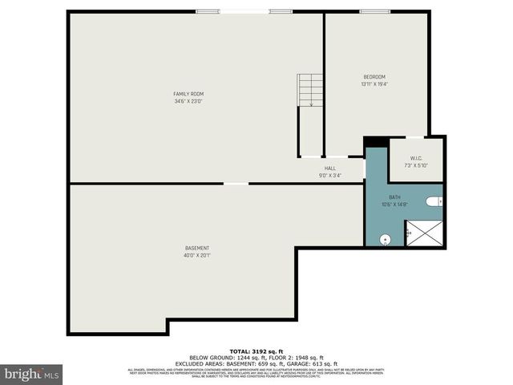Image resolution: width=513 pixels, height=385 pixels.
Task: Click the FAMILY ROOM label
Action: [188, 94]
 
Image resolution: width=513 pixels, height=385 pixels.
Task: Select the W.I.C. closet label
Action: [416, 158]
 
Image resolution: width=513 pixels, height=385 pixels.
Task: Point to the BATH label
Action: [394, 197]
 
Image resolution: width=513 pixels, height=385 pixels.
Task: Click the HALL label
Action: [329, 168]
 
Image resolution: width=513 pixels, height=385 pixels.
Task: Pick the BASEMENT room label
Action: [196, 248]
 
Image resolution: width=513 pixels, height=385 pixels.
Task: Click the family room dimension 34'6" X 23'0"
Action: [188, 101]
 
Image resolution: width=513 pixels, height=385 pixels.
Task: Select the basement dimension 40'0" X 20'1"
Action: [196, 255]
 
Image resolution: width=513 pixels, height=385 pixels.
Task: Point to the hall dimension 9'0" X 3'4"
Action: [329, 175]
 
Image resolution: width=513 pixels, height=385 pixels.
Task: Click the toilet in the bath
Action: [434, 202]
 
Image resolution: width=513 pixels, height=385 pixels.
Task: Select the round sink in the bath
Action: [385, 238]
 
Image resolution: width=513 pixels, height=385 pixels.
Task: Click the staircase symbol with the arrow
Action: [309, 90]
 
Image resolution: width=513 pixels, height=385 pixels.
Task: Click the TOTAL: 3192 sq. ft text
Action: [256, 351]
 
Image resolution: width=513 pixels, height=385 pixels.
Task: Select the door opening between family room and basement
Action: [236, 184]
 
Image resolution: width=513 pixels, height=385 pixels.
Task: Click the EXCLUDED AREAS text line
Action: [256, 364]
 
